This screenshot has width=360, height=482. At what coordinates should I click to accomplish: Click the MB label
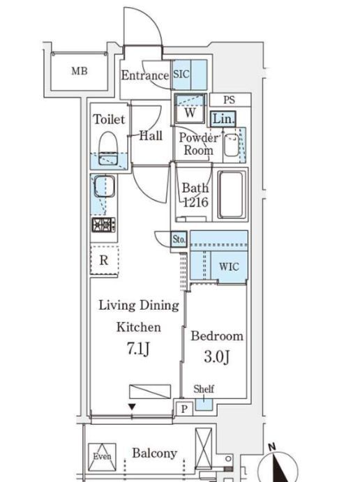pos(80,71)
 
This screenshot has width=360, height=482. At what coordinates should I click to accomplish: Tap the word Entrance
pos(145,75)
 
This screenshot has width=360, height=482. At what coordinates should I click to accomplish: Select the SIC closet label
pos(181,74)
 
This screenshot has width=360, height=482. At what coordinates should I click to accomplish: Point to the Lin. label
pos(223,119)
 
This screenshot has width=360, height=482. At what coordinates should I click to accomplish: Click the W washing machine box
pos(190,109)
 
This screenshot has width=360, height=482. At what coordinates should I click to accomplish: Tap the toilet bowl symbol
pos(109,149)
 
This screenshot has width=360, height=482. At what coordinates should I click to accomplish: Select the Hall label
pos(151,135)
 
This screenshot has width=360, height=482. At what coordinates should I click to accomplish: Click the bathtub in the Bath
pos(232,195)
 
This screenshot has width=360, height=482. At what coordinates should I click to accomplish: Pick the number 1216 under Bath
pos(195,202)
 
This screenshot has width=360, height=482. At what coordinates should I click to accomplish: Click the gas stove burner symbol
pos(103,225)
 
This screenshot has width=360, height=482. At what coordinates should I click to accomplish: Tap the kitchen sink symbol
pos(105,186)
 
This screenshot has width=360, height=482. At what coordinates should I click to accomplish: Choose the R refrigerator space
pos(104,260)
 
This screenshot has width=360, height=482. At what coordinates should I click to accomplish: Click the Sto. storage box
pos(179,239)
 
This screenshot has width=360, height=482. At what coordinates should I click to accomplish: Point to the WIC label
pos(229,266)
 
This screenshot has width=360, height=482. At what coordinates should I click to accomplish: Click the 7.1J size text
pos(138,349)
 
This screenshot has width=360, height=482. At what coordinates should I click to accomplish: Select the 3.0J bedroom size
pos(217,357)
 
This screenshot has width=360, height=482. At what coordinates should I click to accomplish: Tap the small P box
pos(184,409)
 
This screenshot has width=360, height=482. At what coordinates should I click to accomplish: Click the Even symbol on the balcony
pos(102,457)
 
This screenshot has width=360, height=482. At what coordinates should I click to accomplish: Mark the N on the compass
pos(272,446)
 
